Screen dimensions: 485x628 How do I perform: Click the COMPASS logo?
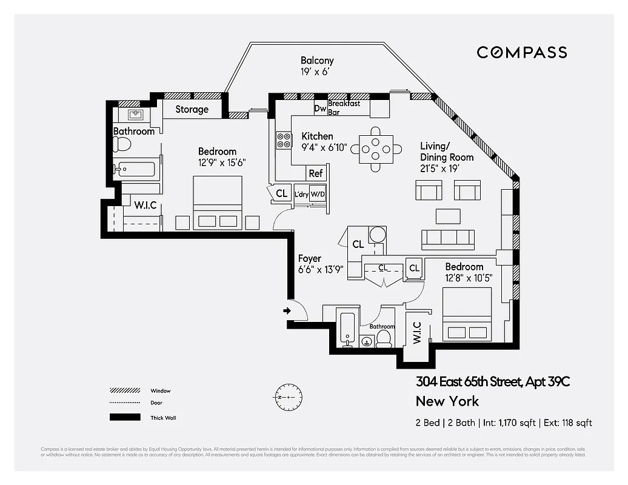521,52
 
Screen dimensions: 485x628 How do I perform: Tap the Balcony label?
317,61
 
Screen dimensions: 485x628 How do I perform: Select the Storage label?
192,109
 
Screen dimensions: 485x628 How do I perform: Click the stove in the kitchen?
284,140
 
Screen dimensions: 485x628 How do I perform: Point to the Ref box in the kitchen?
316,173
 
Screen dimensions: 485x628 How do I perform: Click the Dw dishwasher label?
319,109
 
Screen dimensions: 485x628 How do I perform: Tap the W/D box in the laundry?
318,195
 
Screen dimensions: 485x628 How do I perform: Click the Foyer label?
309,259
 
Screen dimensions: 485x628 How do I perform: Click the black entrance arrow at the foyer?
287,312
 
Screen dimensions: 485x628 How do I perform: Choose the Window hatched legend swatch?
121,391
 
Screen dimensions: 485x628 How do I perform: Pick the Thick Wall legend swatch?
121,417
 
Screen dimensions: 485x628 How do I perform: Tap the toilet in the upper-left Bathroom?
122,144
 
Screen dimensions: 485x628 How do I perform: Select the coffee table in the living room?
448,215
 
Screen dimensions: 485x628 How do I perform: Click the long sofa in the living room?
448,239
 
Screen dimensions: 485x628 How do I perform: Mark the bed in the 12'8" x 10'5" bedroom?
467,314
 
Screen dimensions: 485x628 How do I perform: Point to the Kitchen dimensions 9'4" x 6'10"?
324,147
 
